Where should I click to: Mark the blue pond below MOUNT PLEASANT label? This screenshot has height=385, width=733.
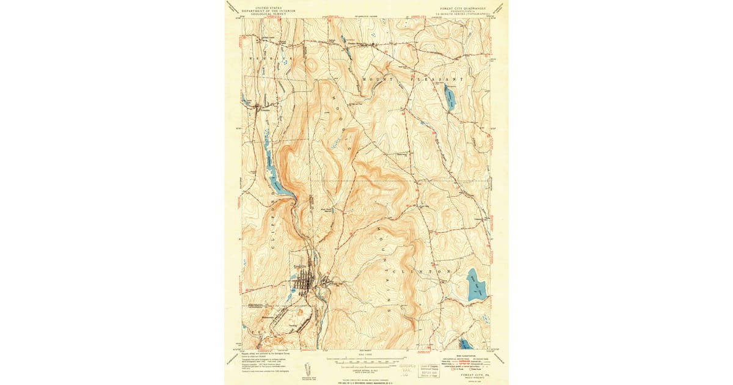(450, 97)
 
